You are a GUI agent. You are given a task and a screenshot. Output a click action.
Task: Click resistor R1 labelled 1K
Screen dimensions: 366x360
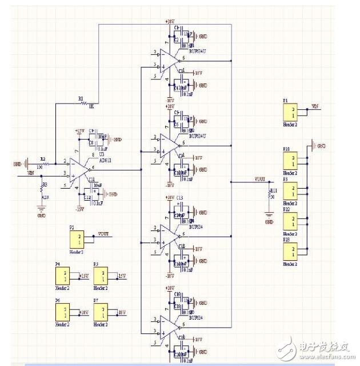point(84,104)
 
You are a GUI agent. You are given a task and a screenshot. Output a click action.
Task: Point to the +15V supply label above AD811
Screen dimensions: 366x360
point(80,131)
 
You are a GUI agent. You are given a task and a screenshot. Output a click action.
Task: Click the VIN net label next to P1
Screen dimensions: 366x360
point(315,106)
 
